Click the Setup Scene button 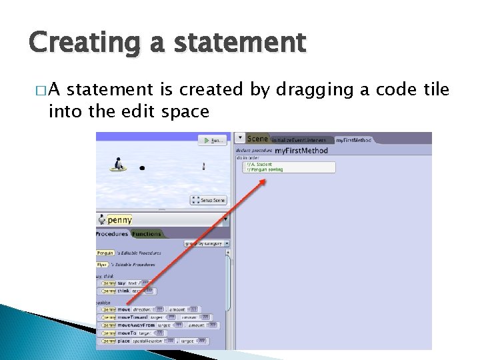click(209, 200)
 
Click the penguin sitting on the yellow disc click(119, 164)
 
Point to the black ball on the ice click(142, 168)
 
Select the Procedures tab click(112, 234)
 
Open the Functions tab click(147, 234)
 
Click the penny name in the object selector click(120, 219)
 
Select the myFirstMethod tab click(353, 140)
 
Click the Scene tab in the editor click(257, 139)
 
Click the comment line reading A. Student click(260, 164)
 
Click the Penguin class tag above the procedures click(105, 253)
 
